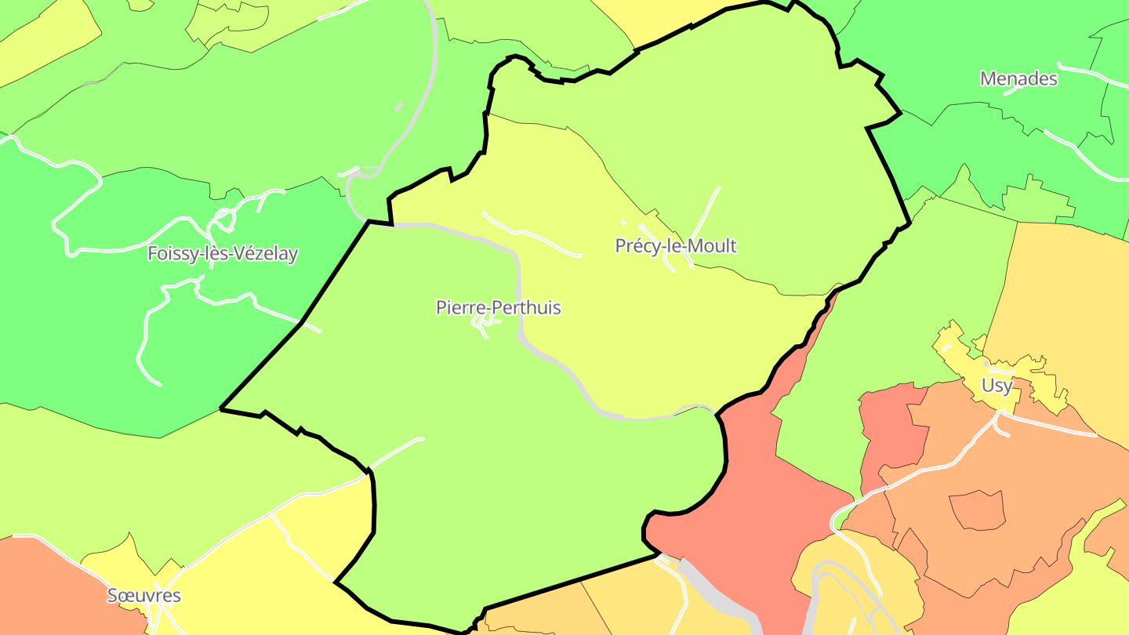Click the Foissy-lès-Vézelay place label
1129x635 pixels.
(x=223, y=254)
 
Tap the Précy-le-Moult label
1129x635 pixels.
(x=675, y=246)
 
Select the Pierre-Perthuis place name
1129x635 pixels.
(x=498, y=307)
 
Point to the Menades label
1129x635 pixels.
(x=1018, y=79)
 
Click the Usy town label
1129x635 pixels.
(x=996, y=386)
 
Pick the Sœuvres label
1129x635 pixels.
(x=143, y=596)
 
